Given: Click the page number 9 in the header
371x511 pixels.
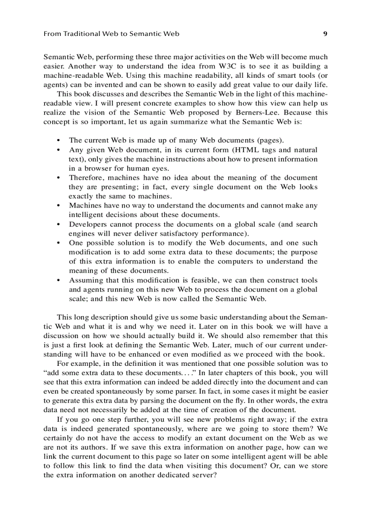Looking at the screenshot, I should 325,34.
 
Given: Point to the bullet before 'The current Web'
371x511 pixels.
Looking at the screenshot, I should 58,141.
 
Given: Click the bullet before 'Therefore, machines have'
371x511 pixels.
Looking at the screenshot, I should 58,178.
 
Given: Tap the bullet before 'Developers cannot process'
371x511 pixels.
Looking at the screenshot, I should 58,224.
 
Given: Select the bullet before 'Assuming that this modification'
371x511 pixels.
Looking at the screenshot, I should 58,280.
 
